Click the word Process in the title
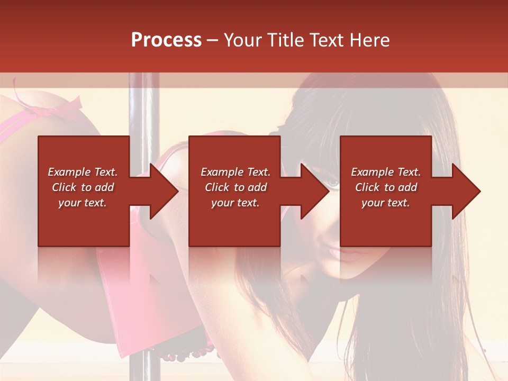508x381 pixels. pos(166,40)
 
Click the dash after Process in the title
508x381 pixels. pos(213,41)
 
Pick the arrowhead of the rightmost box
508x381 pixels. pos(465,191)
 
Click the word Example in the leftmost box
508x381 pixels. pos(69,172)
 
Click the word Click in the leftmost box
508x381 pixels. pos(65,187)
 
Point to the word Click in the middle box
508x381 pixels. pos(217,187)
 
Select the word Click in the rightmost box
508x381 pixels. pos(368,187)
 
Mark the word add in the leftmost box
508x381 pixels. pos(104,187)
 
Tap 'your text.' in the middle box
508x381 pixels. pos(235,203)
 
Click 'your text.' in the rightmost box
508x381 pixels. pos(385,203)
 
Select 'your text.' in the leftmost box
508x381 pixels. pos(82,203)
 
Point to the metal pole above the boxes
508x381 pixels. pos(144,106)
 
